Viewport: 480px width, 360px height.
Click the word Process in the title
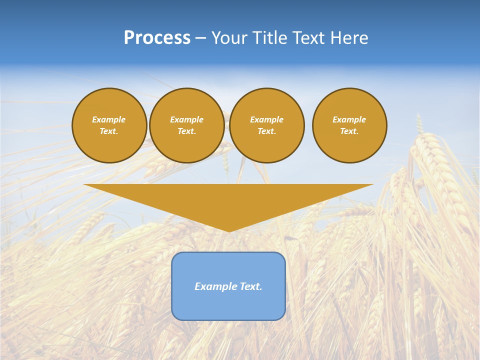pyautogui.click(x=157, y=38)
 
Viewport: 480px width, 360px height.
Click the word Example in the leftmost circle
pyautogui.click(x=109, y=119)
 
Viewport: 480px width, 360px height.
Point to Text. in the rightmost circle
pyautogui.click(x=349, y=131)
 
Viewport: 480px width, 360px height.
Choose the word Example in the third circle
pyautogui.click(x=266, y=119)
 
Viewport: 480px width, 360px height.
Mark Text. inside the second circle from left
pyautogui.click(x=186, y=131)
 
